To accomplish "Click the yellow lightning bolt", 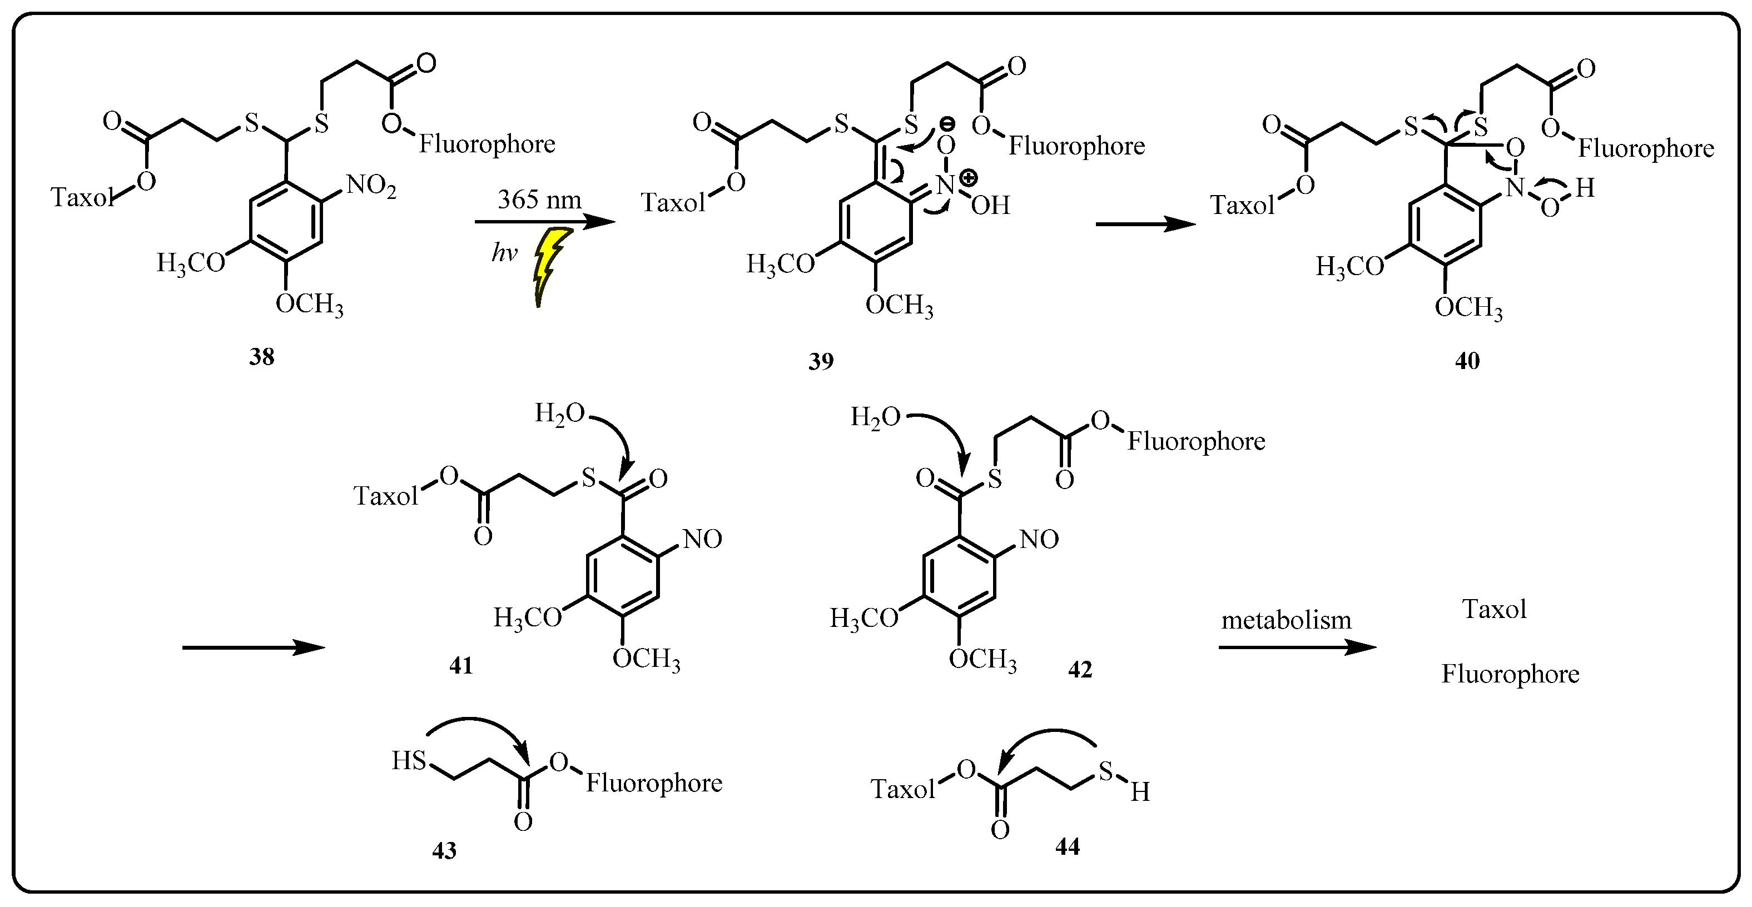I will click(549, 265).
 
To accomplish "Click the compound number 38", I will click(261, 356).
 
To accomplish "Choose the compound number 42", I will click(1079, 669).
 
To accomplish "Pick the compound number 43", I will click(444, 850).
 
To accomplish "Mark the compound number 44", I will click(1067, 846).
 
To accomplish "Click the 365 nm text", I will click(539, 199).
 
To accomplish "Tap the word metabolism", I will click(1286, 620).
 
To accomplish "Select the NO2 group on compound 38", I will click(371, 186).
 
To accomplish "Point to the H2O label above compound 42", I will click(875, 417).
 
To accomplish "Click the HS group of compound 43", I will click(409, 760).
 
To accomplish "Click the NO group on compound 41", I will click(702, 539).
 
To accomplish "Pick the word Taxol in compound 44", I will click(902, 789).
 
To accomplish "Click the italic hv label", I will click(504, 253).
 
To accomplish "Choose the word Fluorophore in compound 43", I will click(654, 783).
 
